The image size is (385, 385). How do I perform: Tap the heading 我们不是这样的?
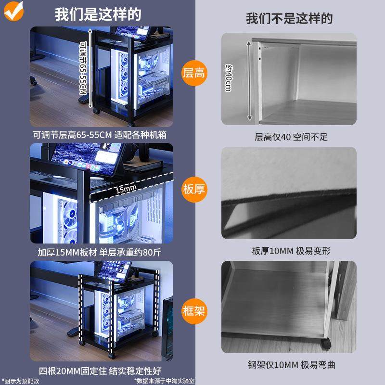[x=289, y=19]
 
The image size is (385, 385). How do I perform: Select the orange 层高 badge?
[x=194, y=73]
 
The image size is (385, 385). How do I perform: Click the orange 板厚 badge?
[x=194, y=189]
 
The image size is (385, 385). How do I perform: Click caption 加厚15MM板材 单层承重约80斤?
[x=100, y=252]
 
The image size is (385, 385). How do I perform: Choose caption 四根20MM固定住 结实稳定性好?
[x=100, y=371]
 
